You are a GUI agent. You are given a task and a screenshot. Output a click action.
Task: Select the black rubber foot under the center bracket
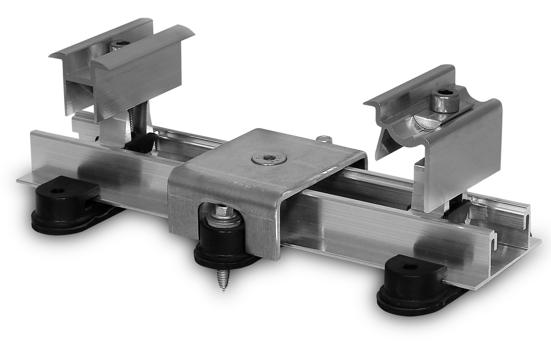tap(220, 247)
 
